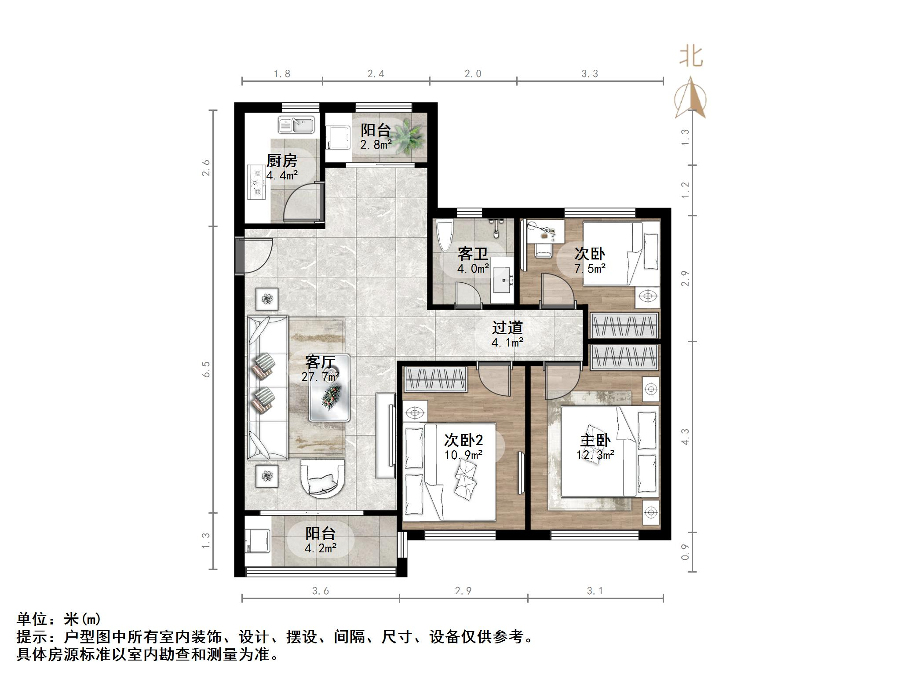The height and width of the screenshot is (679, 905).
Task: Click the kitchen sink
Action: click(296, 125)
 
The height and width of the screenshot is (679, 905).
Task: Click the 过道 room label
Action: click(507, 328)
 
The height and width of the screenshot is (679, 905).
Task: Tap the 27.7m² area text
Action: click(320, 377)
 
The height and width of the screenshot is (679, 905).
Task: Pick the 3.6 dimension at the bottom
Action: click(321, 591)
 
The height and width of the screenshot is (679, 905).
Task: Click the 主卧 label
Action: click(595, 440)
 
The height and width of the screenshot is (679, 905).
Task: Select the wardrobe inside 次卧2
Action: click(435, 380)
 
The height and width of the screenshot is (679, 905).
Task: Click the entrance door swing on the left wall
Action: click(255, 255)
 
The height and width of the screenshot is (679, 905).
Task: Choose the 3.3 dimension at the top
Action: click(590, 74)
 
